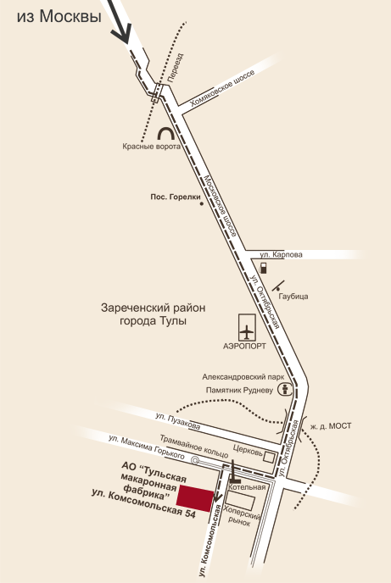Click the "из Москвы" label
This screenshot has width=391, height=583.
[x=59, y=17]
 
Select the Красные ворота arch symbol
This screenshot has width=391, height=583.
[x=165, y=134]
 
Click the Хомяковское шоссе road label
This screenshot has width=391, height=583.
[x=223, y=88]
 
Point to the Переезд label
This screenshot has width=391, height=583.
[x=176, y=67]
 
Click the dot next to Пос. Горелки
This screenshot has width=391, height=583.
[x=202, y=203]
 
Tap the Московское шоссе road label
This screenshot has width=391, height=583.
[x=221, y=206]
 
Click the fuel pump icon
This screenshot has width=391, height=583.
[x=264, y=268]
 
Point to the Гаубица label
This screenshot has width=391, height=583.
[x=293, y=297]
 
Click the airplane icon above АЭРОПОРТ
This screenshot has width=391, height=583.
[x=247, y=331]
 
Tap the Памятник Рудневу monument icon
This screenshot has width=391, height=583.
[x=286, y=390]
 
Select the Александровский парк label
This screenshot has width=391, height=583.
[x=243, y=377]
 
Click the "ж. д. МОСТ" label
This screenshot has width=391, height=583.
[x=331, y=426]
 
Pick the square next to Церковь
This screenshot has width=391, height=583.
[x=270, y=457]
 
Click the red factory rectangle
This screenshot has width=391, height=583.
[x=195, y=498]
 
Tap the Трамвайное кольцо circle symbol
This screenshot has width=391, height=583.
[x=195, y=461]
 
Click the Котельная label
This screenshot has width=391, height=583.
[x=247, y=487]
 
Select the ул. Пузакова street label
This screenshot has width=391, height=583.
[x=178, y=421]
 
